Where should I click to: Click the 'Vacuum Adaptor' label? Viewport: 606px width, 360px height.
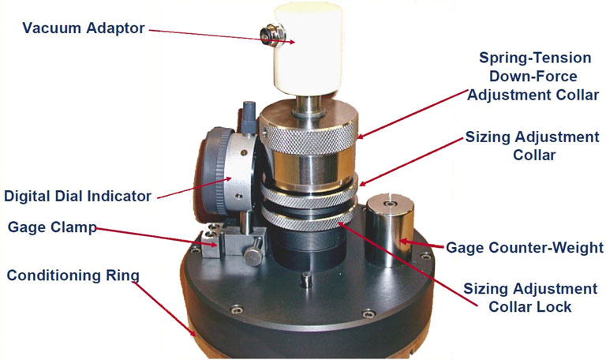(84, 28)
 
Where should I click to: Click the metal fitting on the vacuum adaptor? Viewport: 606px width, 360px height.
(272, 35)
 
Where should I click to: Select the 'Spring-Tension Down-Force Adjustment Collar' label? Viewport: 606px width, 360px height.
(533, 76)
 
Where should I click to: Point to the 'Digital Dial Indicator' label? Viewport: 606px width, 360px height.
(77, 196)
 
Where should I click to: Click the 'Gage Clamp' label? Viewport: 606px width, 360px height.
(52, 227)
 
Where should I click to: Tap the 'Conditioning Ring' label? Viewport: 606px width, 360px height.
(73, 276)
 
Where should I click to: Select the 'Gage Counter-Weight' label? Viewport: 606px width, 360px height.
(525, 247)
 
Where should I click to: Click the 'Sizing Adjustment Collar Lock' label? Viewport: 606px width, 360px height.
(530, 298)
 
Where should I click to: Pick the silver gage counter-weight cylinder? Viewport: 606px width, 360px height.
(390, 231)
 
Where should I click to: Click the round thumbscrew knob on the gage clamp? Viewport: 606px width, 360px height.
(254, 254)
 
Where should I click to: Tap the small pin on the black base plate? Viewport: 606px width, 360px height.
(306, 279)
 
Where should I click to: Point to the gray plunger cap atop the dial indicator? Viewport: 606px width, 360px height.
(249, 114)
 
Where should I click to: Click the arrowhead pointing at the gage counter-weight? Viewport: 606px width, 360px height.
(404, 242)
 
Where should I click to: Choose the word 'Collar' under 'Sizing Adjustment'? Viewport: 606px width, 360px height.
(534, 155)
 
